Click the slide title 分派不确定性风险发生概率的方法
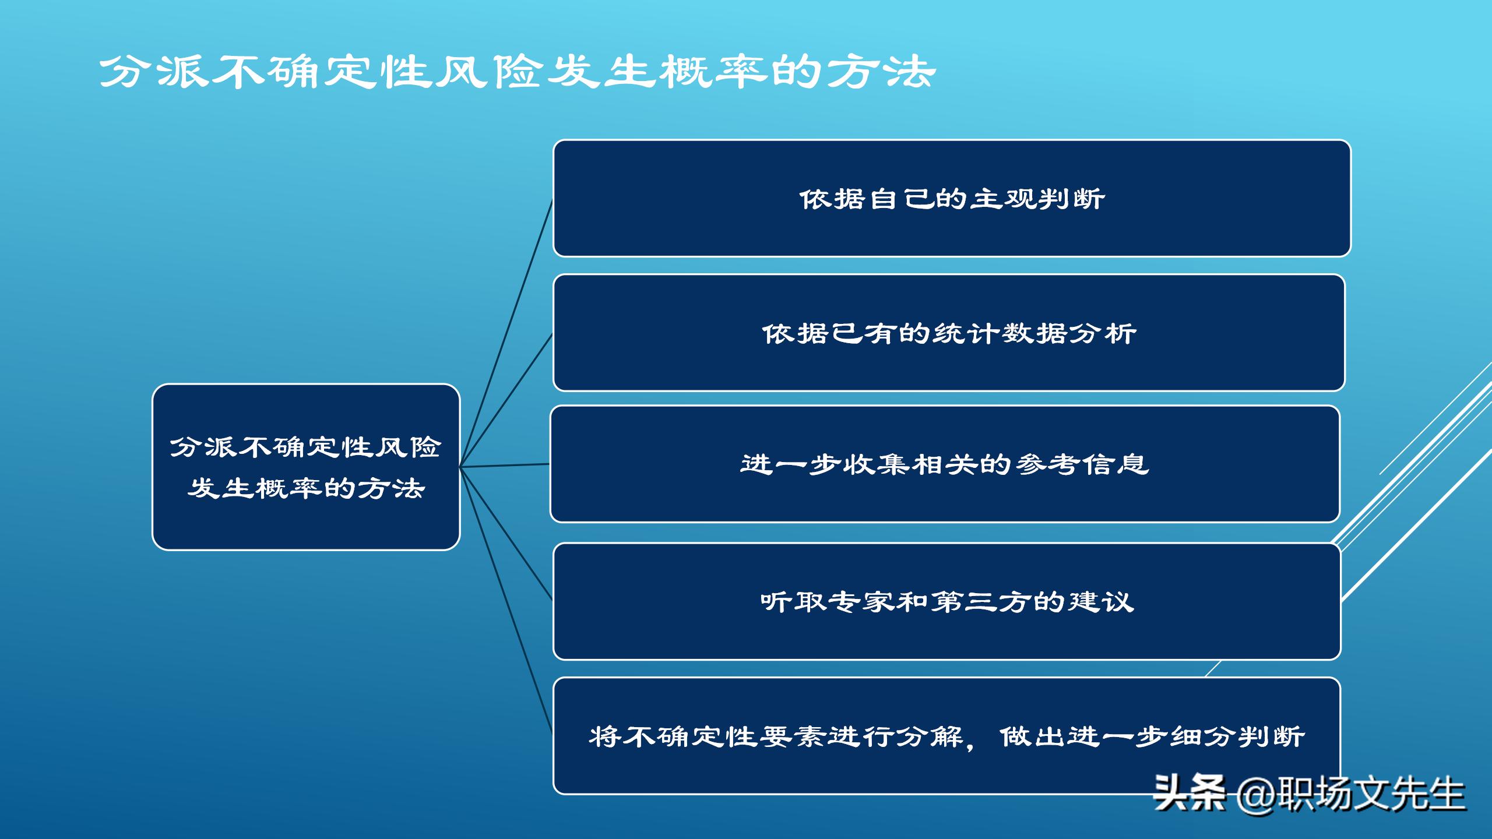click(518, 72)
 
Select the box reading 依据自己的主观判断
click(951, 198)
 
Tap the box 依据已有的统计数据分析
click(949, 333)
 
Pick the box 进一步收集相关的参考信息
click(945, 464)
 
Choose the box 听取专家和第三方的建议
click(946, 601)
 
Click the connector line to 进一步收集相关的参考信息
click(505, 466)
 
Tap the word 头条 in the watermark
click(1189, 794)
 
